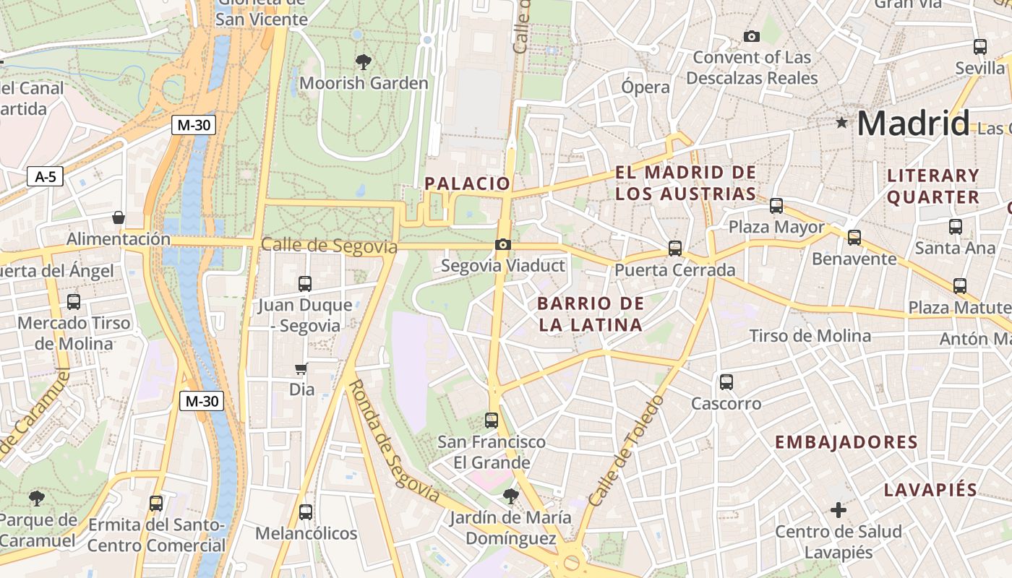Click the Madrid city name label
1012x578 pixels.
(912, 124)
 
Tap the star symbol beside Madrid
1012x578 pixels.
(841, 123)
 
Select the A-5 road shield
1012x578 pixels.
(45, 176)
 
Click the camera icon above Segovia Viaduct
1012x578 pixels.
(503, 245)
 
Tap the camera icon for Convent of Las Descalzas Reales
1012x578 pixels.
(752, 36)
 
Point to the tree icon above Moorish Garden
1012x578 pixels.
(364, 62)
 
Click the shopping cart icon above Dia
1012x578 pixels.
(301, 369)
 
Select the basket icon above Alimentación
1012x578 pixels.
(119, 217)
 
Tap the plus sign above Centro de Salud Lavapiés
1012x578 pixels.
(839, 511)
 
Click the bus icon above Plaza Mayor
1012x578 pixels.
(776, 206)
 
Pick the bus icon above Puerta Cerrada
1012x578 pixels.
(675, 249)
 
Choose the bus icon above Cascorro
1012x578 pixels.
(726, 382)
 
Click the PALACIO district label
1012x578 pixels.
(468, 184)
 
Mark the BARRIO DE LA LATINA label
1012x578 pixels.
(591, 314)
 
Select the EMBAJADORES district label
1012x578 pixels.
(846, 442)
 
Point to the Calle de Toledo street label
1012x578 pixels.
(626, 451)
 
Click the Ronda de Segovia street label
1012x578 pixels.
(394, 441)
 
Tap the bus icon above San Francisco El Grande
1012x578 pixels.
(492, 420)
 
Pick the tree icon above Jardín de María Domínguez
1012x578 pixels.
(511, 496)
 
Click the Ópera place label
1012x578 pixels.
(646, 87)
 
